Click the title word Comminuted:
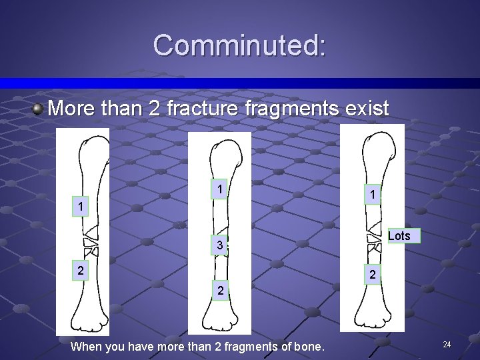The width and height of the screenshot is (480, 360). (x=239, y=45)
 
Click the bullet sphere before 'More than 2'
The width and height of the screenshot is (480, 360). (x=39, y=108)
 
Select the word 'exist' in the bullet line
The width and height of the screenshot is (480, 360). (x=366, y=108)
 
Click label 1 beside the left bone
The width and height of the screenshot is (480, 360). (x=80, y=207)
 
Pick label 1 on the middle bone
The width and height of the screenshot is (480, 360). (x=219, y=189)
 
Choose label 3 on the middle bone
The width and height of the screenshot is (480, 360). (x=219, y=246)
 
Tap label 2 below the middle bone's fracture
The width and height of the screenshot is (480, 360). (x=219, y=290)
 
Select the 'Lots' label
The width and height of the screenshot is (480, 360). (x=399, y=235)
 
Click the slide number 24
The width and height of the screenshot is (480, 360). (x=447, y=344)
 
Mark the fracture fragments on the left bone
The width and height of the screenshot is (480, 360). (x=89, y=243)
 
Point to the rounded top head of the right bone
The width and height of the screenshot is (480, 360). (x=383, y=139)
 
